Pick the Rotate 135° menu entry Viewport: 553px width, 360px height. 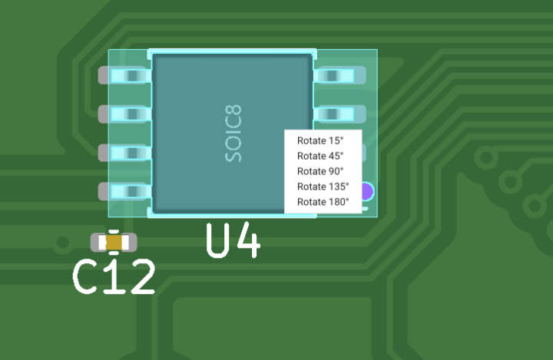pos(323,187)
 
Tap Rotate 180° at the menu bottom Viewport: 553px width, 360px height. pos(323,202)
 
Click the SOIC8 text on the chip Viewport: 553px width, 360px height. pos(233,133)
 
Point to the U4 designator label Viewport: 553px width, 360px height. pos(233,241)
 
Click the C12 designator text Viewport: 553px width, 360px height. pos(114,276)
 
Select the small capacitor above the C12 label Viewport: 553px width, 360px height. pos(114,243)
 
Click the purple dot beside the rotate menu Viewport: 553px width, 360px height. pos(367,191)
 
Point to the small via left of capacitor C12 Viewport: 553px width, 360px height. pos(62,243)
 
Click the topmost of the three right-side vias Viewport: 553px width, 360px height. pos(485,158)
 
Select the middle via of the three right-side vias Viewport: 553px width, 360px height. pos(510,182)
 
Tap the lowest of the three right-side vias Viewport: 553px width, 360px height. pos(534,206)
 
